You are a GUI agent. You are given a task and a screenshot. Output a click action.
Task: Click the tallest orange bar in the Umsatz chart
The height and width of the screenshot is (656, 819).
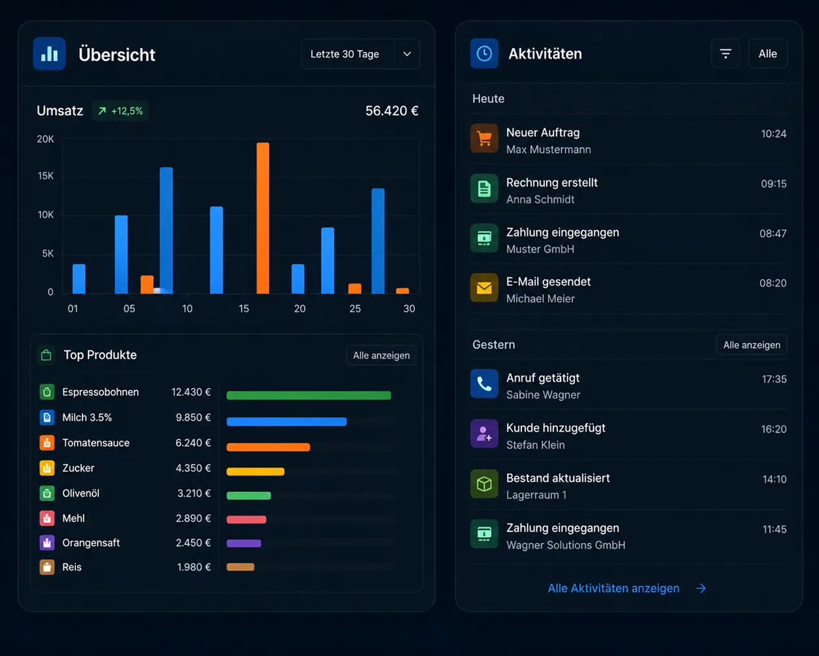click(262, 218)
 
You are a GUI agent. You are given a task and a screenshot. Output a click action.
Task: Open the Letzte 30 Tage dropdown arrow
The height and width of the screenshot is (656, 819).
click(407, 54)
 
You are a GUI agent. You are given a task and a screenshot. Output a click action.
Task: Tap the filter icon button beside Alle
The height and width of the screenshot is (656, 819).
click(725, 54)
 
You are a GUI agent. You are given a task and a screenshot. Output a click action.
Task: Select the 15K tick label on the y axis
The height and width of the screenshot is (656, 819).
click(45, 176)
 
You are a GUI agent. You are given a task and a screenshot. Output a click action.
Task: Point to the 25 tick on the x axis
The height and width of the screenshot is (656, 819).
click(355, 309)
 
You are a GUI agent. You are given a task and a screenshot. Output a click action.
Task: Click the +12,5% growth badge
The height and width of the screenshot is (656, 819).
click(120, 111)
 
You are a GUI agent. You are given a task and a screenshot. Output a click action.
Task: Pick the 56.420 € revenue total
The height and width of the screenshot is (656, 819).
click(392, 111)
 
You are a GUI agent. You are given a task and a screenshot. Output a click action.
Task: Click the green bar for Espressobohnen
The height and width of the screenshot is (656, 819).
click(309, 395)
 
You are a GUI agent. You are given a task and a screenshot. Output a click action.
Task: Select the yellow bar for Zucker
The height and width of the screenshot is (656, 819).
click(255, 471)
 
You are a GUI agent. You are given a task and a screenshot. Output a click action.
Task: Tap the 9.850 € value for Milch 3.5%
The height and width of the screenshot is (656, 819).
click(193, 417)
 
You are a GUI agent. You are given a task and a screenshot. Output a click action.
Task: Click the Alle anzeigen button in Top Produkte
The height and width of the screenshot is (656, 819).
click(381, 356)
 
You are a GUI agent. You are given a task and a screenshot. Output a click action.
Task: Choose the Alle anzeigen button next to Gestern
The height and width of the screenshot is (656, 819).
click(751, 345)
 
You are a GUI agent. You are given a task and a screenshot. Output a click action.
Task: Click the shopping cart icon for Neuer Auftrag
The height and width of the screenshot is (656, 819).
click(484, 138)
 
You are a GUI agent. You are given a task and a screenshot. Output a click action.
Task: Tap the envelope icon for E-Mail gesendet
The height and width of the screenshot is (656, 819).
click(484, 287)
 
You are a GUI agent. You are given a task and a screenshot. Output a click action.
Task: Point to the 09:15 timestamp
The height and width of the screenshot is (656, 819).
click(774, 184)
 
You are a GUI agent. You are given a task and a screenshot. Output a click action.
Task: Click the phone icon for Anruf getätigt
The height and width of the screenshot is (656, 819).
click(484, 384)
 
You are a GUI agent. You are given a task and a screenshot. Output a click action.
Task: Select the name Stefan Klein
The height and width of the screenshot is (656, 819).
click(535, 445)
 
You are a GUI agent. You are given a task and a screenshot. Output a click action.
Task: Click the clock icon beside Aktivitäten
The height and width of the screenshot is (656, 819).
click(484, 53)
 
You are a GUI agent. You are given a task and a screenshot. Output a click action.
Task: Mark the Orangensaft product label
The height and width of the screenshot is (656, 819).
click(91, 543)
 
